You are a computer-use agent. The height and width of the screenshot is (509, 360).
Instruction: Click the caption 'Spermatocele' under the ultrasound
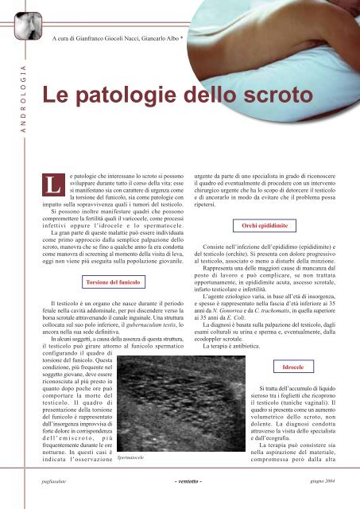point(134,459)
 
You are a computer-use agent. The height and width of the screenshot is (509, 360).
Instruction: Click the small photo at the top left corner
point(21,15)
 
